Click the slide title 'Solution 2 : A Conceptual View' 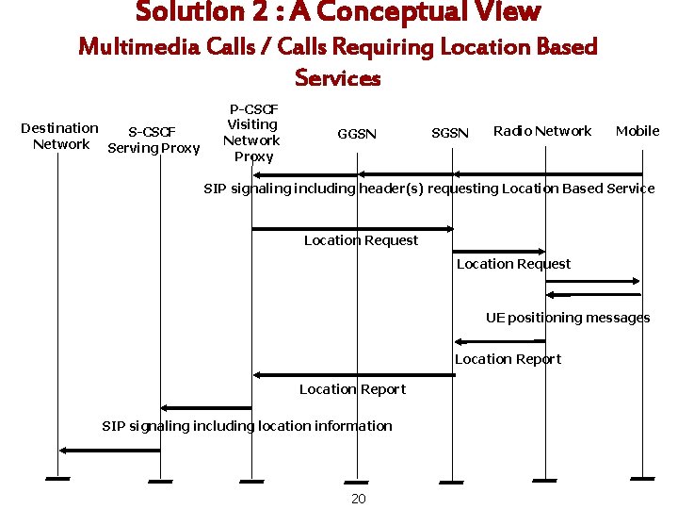tap(338, 13)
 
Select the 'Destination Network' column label tap(60, 136)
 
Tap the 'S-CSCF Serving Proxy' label tap(153, 140)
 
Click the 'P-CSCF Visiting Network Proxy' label tap(251, 133)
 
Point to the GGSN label tap(357, 134)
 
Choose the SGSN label tap(449, 134)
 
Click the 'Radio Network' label tap(542, 131)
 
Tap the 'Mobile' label tap(638, 131)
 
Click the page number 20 tap(358, 499)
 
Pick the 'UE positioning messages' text tap(568, 318)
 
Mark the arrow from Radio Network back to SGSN tap(499, 341)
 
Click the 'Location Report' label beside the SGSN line tap(508, 359)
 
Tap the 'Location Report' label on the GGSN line tap(352, 389)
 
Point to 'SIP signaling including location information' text tap(247, 426)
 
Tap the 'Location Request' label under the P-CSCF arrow tap(361, 240)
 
